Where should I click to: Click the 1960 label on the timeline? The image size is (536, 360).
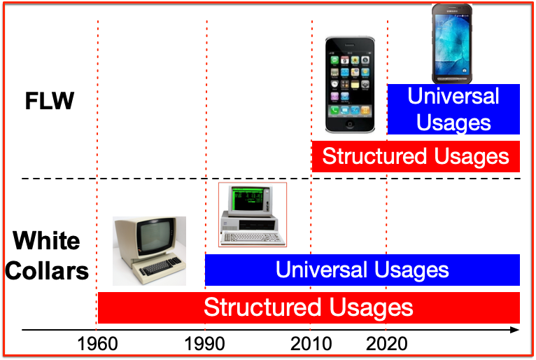(x=97, y=344)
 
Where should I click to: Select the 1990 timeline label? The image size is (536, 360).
(x=205, y=344)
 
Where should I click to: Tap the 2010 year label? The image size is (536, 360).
(x=311, y=344)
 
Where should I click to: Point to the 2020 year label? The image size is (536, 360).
(x=387, y=344)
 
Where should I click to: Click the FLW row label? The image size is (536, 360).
(x=50, y=101)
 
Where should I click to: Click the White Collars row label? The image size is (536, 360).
(x=47, y=256)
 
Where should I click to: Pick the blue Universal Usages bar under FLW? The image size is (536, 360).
(x=453, y=109)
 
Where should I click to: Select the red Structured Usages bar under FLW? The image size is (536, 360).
(x=416, y=156)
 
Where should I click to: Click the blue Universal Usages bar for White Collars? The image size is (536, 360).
(x=362, y=270)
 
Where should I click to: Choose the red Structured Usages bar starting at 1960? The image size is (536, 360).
(x=309, y=307)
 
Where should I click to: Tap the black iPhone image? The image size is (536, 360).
(x=350, y=85)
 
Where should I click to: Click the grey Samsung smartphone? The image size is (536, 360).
(x=452, y=43)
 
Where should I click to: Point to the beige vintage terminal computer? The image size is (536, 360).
(x=149, y=251)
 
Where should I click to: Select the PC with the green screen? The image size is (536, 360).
(x=253, y=214)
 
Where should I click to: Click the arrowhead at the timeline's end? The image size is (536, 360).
(x=515, y=330)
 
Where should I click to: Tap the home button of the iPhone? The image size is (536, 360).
(x=350, y=124)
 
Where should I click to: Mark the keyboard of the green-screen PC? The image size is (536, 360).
(x=253, y=238)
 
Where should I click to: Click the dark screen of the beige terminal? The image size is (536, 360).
(x=154, y=237)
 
